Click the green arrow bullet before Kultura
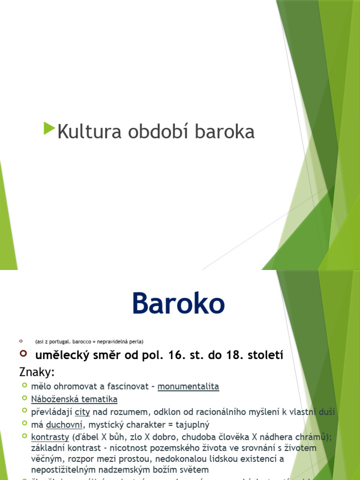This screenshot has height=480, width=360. [49, 128]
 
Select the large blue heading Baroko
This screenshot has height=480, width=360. [178, 304]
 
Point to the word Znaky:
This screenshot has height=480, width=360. [37, 373]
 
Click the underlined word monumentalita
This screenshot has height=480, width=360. [188, 387]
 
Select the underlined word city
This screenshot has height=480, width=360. [82, 412]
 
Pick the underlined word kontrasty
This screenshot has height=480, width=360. [50, 437]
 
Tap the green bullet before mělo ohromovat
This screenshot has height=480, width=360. [25, 385]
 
